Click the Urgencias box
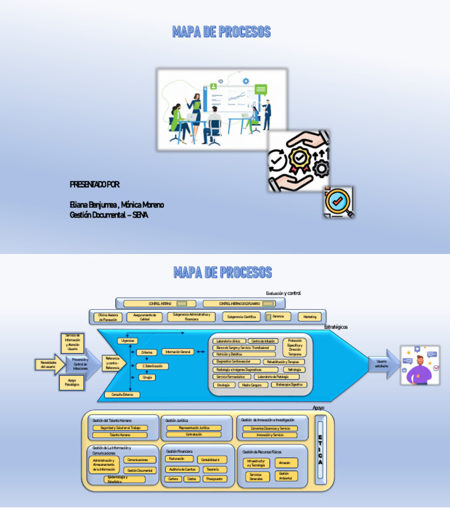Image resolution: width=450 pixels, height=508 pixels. [127, 341]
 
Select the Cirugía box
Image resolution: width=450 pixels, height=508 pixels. [147, 378]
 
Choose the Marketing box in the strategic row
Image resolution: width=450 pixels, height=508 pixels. [310, 317]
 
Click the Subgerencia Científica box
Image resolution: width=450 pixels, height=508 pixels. [241, 317]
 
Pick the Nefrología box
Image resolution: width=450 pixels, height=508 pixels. [294, 370]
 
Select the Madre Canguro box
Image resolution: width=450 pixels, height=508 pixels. [254, 385]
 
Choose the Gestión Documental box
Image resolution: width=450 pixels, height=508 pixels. [140, 470]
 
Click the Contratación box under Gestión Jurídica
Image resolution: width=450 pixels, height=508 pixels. [194, 435]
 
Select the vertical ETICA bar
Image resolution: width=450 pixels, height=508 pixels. [320, 449]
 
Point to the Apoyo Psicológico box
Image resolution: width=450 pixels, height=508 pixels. [72, 383]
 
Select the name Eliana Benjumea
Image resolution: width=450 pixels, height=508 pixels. [94, 205]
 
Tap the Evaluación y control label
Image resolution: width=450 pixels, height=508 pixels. [283, 293]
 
